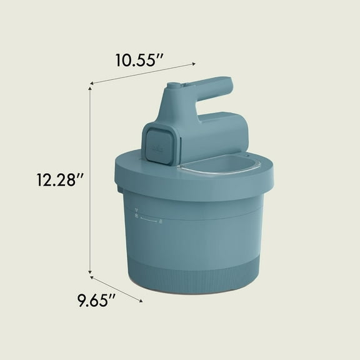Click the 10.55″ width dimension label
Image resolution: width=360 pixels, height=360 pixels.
tap(139, 61)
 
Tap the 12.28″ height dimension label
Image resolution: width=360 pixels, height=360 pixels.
tap(60, 179)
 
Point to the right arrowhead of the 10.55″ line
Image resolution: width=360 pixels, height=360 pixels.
tap(194, 64)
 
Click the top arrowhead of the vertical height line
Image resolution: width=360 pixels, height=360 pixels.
tap(90, 88)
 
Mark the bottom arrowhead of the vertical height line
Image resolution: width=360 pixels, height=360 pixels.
tap(90, 272)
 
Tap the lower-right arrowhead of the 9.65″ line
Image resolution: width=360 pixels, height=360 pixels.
tap(141, 300)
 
